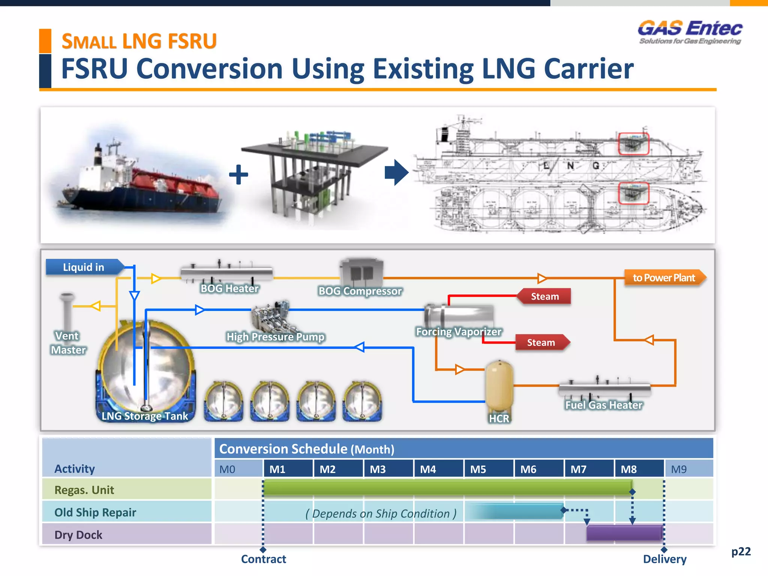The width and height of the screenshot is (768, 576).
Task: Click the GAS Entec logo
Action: pyautogui.click(x=690, y=32)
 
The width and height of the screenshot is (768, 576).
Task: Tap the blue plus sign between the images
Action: pyautogui.click(x=238, y=174)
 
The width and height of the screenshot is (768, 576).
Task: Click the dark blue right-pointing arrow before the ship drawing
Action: pyautogui.click(x=396, y=172)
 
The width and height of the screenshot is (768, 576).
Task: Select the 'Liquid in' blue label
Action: pyautogui.click(x=84, y=267)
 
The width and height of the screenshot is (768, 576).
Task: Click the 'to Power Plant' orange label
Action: pyautogui.click(x=664, y=278)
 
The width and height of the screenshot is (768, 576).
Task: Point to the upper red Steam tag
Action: pyautogui.click(x=544, y=296)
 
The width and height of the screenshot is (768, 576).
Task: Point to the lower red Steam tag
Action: pyautogui.click(x=541, y=342)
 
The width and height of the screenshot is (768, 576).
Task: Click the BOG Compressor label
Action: pyautogui.click(x=360, y=291)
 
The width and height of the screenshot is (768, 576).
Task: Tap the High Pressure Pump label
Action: pyautogui.click(x=275, y=337)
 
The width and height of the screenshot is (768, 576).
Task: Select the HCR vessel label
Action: pyautogui.click(x=499, y=418)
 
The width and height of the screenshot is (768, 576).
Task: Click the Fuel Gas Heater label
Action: pyautogui.click(x=604, y=405)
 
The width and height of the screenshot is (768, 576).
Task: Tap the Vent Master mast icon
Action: pyautogui.click(x=67, y=311)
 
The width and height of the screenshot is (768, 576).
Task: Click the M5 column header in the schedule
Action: pyautogui.click(x=478, y=469)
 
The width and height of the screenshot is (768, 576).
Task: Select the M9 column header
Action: pyautogui.click(x=679, y=469)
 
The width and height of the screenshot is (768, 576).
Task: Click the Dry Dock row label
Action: pyautogui.click(x=78, y=535)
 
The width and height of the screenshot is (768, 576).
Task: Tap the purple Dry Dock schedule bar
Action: pyautogui.click(x=624, y=533)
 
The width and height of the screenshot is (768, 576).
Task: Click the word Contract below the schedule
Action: pyautogui.click(x=263, y=559)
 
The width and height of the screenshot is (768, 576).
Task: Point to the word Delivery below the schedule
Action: pyautogui.click(x=664, y=559)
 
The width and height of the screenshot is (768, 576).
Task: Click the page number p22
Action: pyautogui.click(x=741, y=552)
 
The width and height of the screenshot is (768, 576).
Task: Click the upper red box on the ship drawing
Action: pyautogui.click(x=633, y=144)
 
